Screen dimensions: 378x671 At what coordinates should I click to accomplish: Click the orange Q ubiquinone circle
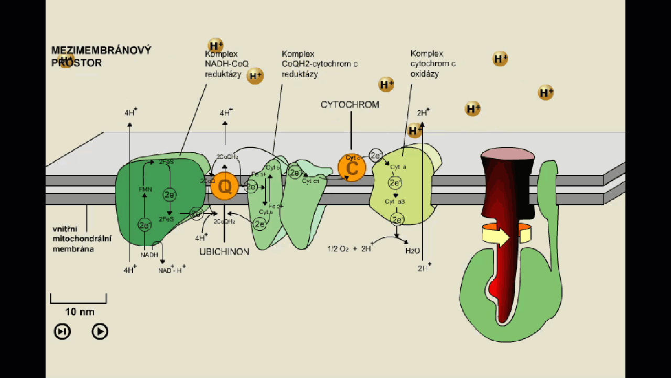click(225, 186)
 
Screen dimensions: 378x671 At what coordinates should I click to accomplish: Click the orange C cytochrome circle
click(352, 167)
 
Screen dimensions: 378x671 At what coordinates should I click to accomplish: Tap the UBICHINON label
click(224, 252)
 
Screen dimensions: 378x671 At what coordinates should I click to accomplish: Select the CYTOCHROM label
click(350, 105)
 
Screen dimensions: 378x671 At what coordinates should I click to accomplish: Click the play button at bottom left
click(100, 331)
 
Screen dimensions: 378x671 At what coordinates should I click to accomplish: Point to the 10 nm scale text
click(80, 312)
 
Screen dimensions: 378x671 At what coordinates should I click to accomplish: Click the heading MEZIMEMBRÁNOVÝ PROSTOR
click(101, 56)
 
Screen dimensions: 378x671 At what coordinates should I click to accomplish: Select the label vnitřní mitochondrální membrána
click(82, 239)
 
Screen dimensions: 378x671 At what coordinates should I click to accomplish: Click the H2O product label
click(413, 251)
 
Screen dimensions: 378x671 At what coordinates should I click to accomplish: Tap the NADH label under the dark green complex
click(149, 255)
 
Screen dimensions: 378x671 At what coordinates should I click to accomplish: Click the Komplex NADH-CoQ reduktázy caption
click(223, 64)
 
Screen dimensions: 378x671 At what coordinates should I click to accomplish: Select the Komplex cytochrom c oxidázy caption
click(433, 64)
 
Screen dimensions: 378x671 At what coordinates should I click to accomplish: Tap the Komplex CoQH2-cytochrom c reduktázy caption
click(319, 64)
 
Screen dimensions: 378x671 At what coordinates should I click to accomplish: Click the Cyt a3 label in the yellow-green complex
click(395, 202)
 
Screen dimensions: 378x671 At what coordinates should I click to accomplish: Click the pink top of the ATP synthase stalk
click(508, 153)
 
